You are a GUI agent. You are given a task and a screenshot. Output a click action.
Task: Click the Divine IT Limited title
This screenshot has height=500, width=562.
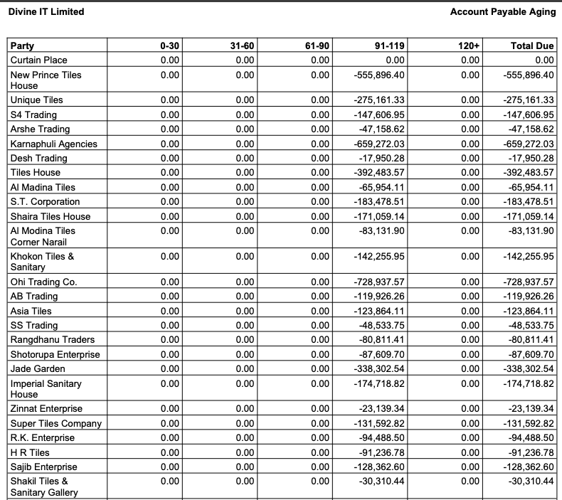click(46, 11)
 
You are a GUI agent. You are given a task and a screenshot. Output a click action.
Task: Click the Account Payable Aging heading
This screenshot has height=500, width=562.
click(503, 11)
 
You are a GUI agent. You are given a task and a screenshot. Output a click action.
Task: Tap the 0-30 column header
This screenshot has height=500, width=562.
click(170, 46)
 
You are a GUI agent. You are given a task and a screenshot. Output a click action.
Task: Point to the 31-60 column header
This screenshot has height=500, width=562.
click(243, 46)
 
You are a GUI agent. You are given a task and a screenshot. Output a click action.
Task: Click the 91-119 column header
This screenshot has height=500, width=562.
click(389, 46)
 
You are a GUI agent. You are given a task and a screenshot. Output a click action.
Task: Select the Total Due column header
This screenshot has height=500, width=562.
click(532, 46)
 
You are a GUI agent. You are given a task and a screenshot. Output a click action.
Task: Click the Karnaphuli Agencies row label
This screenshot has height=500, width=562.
click(53, 144)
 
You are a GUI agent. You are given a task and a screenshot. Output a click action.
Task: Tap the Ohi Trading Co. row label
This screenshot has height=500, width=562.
click(43, 282)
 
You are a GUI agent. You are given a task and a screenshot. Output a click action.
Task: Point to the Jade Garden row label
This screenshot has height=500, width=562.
click(38, 368)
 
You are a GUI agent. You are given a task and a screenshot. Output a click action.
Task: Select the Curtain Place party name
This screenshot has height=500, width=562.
click(38, 60)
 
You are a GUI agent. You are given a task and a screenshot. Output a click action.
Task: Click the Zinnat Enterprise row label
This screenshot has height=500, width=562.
click(46, 408)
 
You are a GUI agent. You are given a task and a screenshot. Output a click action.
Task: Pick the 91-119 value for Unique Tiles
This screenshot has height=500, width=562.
click(379, 100)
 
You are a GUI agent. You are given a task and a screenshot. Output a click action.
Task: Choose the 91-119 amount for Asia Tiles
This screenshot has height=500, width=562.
click(379, 311)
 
